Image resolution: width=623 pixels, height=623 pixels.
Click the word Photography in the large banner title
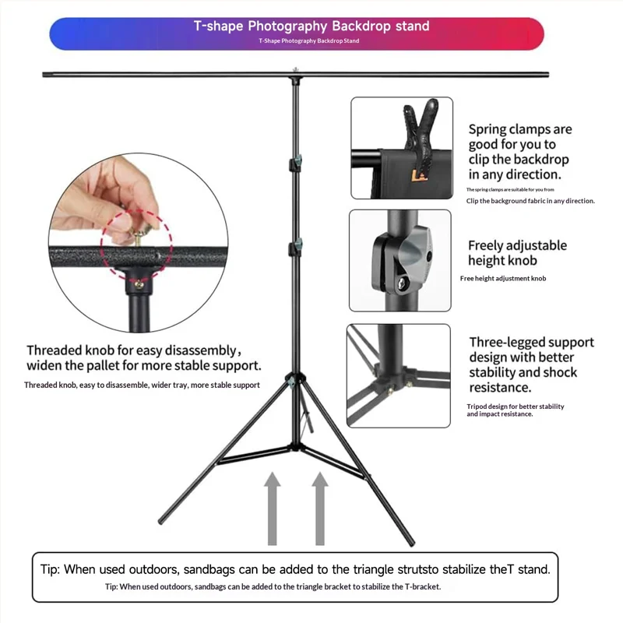point(287,26)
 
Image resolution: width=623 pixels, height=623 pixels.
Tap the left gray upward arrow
point(272,509)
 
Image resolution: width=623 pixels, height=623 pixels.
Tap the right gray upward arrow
point(320,509)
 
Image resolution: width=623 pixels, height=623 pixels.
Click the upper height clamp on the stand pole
point(296,163)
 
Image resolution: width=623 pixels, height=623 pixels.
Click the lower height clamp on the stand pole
point(296,247)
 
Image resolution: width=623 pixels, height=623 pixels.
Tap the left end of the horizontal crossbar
point(44,74)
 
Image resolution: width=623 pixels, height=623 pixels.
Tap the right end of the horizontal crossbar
point(547,74)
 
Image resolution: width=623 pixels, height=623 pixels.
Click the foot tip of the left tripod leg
point(160,521)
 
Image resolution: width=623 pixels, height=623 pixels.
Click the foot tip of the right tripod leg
point(412,543)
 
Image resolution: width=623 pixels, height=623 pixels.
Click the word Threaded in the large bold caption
point(55,350)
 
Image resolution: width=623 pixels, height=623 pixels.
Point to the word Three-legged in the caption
point(509,343)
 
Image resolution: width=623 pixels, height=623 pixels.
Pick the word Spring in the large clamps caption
point(487,129)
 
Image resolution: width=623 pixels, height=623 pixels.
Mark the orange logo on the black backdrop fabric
point(419,175)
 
